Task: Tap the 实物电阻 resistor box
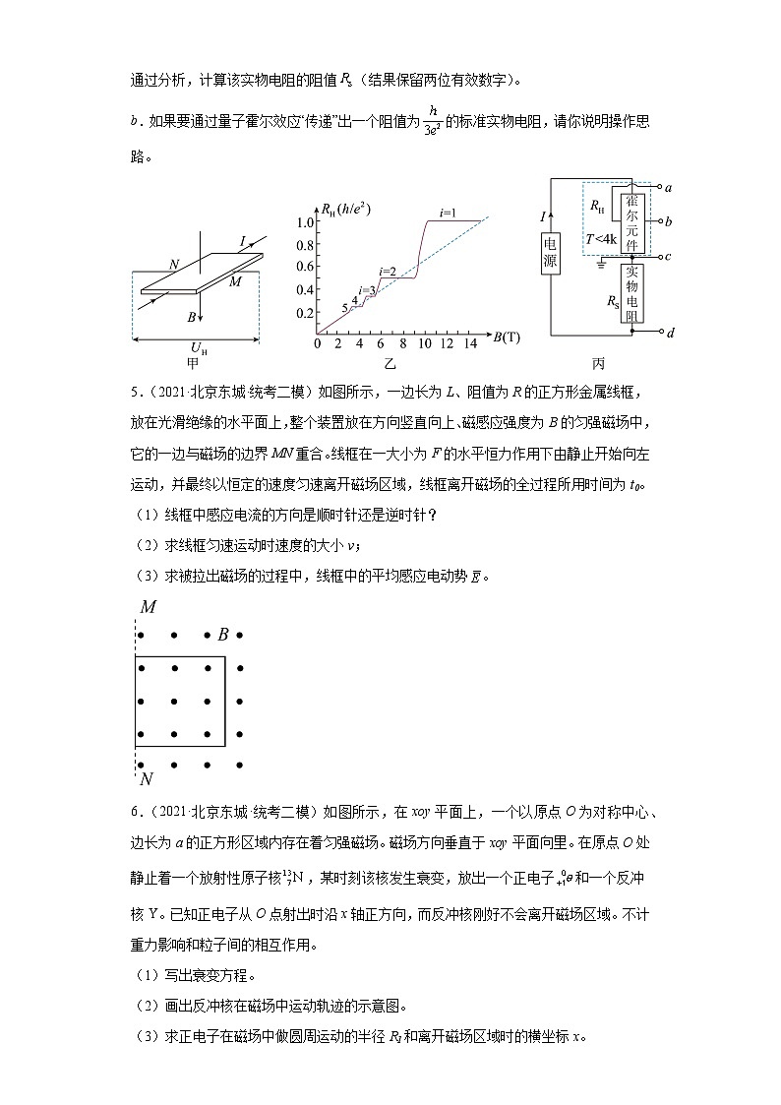(x=631, y=292)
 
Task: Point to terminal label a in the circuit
(x=669, y=186)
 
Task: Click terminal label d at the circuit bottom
(x=669, y=333)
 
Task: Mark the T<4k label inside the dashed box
(x=600, y=239)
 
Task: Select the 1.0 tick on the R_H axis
(x=304, y=221)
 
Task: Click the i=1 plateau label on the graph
(x=448, y=211)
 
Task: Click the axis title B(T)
(x=507, y=338)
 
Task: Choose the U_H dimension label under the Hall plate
(x=196, y=349)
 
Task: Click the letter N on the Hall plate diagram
(x=173, y=264)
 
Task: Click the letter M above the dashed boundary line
(x=148, y=607)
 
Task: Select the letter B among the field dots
(x=223, y=635)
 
